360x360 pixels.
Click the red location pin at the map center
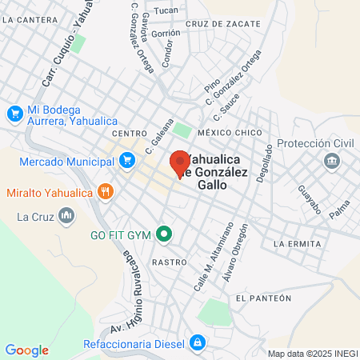[180, 162]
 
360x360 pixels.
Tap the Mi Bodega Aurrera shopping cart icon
[14, 114]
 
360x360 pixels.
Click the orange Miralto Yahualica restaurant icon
[105, 191]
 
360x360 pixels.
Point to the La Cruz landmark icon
[67, 216]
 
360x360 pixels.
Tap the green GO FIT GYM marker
[164, 234]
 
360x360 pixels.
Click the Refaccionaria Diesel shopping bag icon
[197, 345]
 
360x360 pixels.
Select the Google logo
[26, 350]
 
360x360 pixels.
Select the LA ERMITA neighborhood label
[297, 243]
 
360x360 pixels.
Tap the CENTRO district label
[129, 133]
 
